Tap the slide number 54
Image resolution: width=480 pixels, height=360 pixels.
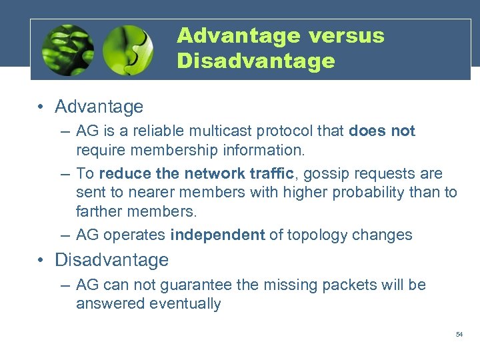click(459, 334)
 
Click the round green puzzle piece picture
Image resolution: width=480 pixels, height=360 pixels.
click(128, 51)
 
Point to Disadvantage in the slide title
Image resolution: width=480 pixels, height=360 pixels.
click(256, 61)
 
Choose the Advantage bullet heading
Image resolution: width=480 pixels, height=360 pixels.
click(99, 107)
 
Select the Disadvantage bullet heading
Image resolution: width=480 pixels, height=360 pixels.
click(111, 259)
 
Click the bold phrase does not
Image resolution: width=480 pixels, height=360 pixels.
click(381, 131)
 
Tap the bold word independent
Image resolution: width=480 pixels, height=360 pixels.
click(218, 235)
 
